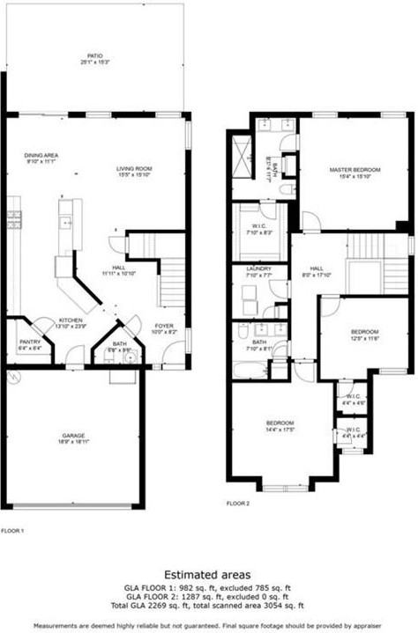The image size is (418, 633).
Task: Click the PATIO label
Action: coord(94,55)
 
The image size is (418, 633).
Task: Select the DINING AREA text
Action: coord(41,156)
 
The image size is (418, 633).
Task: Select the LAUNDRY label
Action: coord(258,269)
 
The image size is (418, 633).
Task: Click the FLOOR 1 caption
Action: coord(12,531)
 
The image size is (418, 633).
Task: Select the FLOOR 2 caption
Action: coord(238,503)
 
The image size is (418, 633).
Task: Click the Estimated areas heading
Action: coord(209,572)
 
